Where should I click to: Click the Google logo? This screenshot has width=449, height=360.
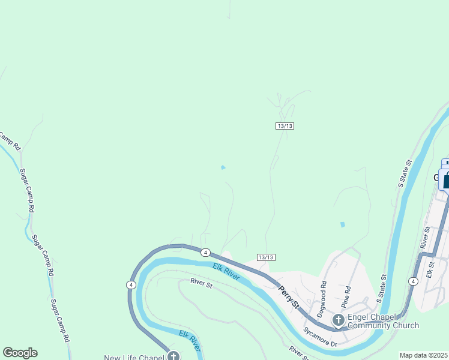point(20,353)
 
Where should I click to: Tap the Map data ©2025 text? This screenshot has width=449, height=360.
point(424,355)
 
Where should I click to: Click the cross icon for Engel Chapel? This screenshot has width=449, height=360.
point(338,320)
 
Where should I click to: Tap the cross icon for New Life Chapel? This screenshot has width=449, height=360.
point(173,356)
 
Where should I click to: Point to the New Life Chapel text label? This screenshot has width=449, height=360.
point(134,358)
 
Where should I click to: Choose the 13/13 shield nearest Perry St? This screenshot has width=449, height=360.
point(266,257)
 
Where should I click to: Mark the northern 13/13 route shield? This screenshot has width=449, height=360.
point(285,125)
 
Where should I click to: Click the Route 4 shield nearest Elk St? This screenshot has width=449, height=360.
point(413,281)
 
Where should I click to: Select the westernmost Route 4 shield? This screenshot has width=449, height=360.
point(131,284)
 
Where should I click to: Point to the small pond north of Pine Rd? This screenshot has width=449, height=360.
point(342,224)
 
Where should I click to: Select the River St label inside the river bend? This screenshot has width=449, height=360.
point(202,283)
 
